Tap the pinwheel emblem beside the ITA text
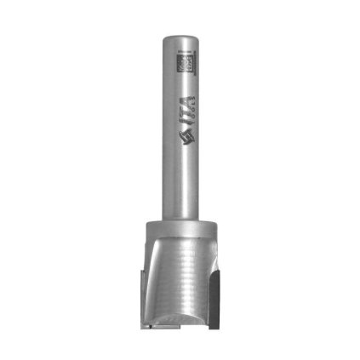[183, 140]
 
